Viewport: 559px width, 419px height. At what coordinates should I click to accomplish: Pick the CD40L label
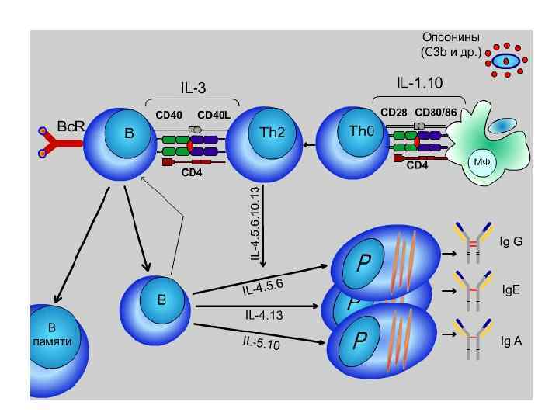[214, 115]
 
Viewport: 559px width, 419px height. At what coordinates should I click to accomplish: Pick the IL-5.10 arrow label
[261, 341]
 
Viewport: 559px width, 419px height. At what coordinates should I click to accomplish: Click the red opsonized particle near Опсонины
[508, 60]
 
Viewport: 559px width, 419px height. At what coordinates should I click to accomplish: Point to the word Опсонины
[450, 37]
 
